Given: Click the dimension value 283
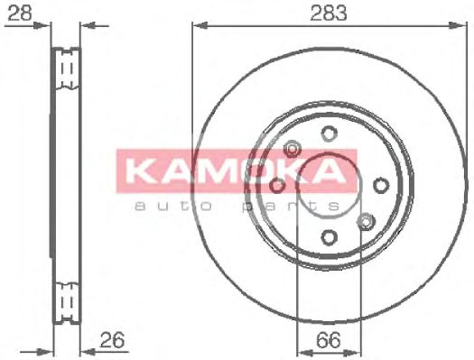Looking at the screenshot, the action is (x=329, y=14).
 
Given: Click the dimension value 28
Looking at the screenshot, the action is (x=19, y=14).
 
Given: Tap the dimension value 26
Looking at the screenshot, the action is (x=112, y=340).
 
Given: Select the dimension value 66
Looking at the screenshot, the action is (x=329, y=340).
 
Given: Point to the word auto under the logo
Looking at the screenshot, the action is (x=173, y=207).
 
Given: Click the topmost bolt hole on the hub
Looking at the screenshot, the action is (x=329, y=134).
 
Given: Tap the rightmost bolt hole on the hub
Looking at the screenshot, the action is (x=381, y=185).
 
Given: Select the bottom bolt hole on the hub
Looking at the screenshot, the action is (x=329, y=237).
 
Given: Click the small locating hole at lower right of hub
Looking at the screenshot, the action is (x=366, y=222).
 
